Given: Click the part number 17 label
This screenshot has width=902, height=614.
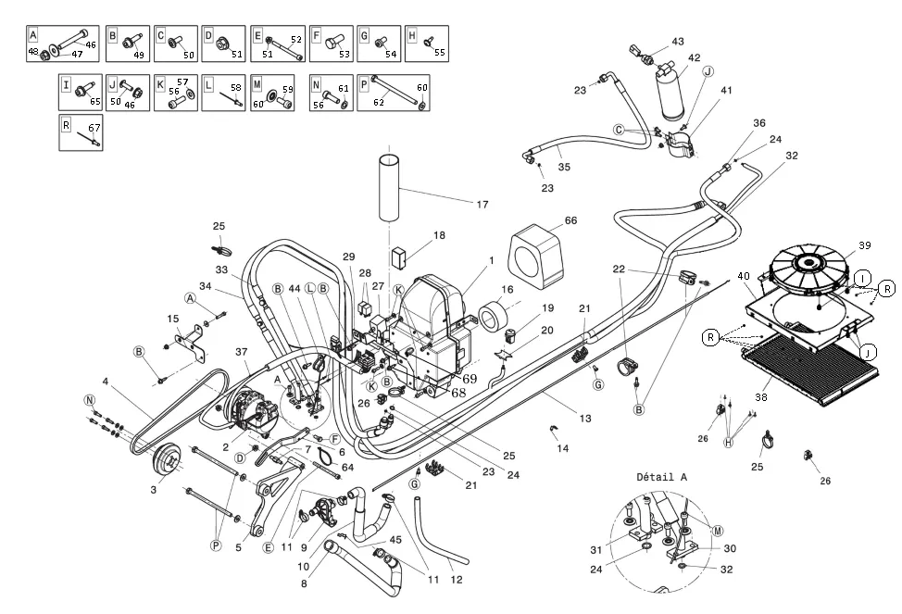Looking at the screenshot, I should click(x=482, y=205).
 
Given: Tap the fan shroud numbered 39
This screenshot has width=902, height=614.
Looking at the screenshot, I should click(x=809, y=266).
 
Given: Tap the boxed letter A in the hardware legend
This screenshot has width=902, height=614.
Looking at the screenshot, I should click(x=33, y=34).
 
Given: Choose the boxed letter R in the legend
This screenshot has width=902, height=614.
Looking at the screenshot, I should click(x=66, y=125).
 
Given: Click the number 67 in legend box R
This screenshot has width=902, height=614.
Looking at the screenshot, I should click(x=94, y=127).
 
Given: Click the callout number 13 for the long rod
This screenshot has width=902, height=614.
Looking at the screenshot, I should click(x=584, y=419).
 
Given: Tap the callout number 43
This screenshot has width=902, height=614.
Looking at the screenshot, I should click(x=678, y=42).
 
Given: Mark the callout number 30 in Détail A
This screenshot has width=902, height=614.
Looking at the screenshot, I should click(x=729, y=548).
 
